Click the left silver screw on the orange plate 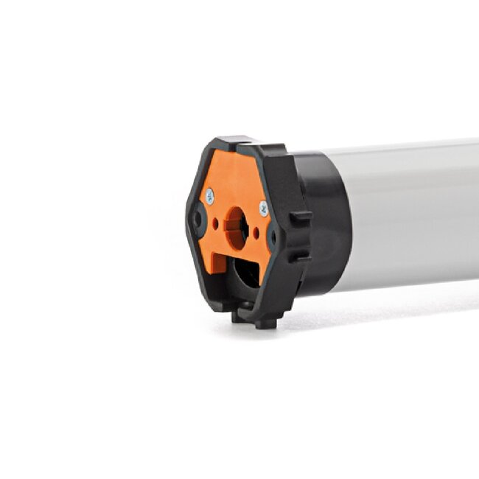(x=210, y=196)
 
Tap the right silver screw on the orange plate (x=263, y=209)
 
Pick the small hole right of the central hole (x=256, y=231)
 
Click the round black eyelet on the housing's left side (x=197, y=220)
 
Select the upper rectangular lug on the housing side (x=301, y=219)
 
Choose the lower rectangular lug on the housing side (x=299, y=255)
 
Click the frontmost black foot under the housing (x=267, y=322)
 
